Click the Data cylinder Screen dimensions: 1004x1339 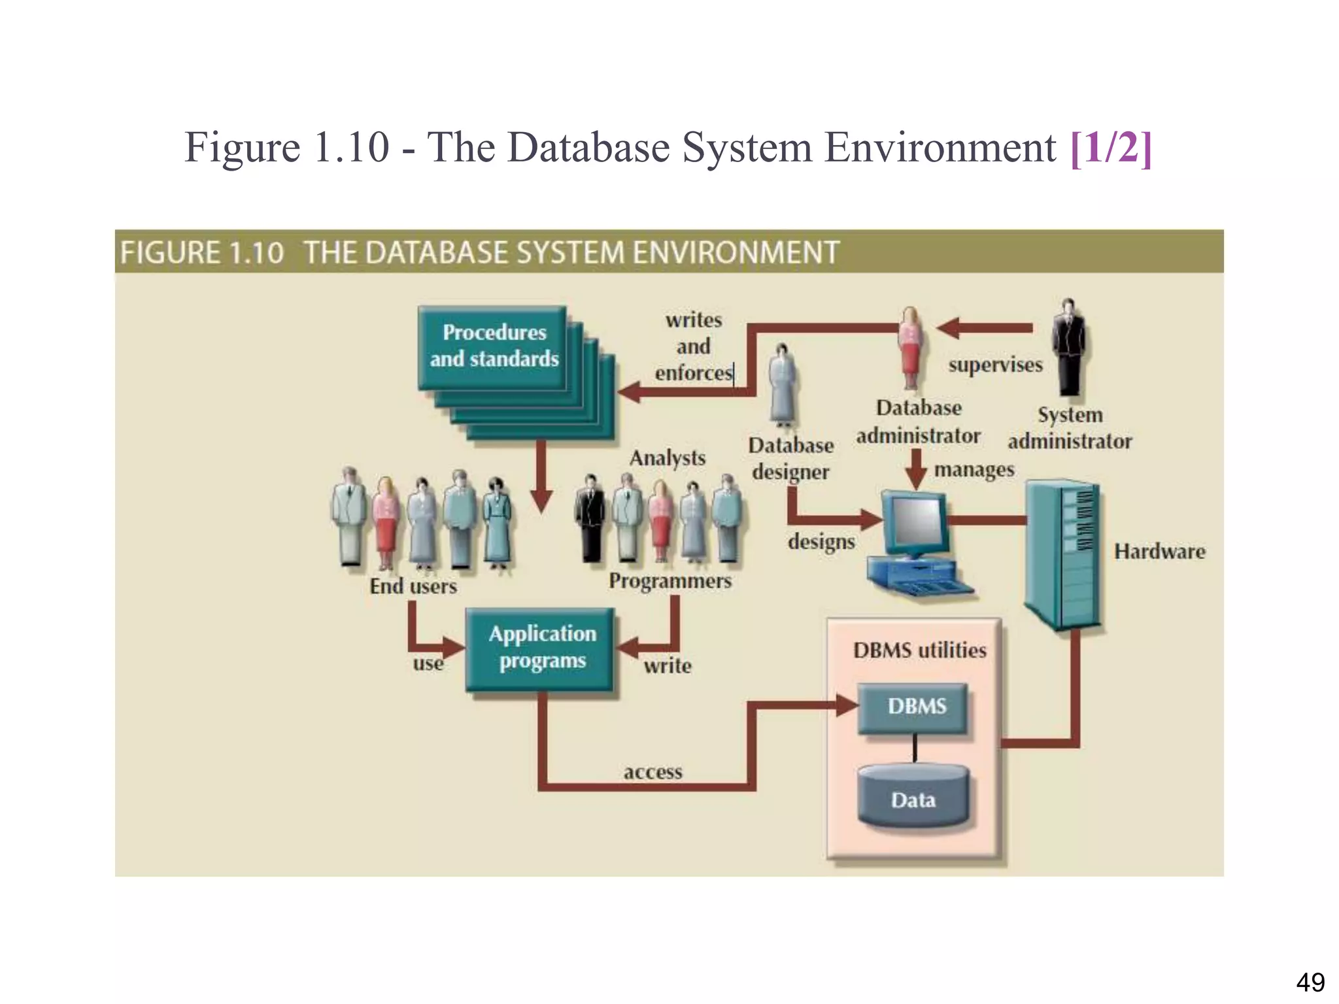(x=913, y=798)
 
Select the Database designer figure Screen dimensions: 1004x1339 (x=782, y=386)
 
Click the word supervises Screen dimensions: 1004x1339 (x=995, y=365)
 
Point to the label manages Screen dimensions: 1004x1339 (x=974, y=469)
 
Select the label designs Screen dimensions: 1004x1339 (x=821, y=541)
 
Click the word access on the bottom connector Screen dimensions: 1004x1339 (x=653, y=773)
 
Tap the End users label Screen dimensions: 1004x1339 (x=413, y=586)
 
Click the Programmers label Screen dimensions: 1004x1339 (x=670, y=580)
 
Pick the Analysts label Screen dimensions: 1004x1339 (x=668, y=458)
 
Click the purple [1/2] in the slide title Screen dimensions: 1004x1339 (x=1111, y=147)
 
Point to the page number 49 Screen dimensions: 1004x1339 (x=1310, y=982)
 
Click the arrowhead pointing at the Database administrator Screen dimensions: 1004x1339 (x=948, y=327)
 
